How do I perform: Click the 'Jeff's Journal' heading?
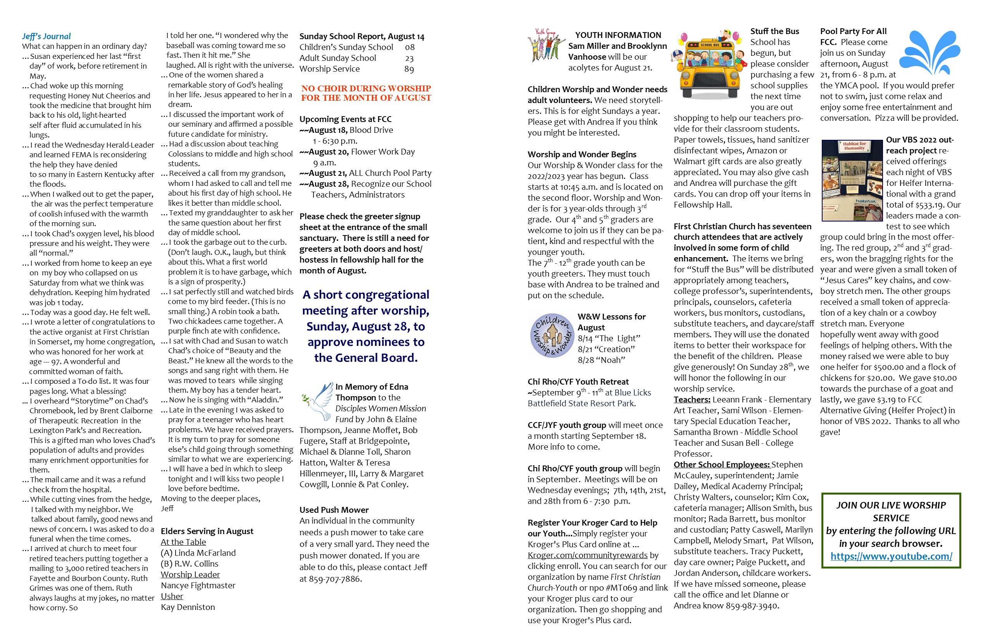pyautogui.click(x=46, y=36)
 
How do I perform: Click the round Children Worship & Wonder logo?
pyautogui.click(x=552, y=335)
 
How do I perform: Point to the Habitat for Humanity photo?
pyautogui.click(x=852, y=180)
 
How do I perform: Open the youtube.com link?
pyautogui.click(x=891, y=556)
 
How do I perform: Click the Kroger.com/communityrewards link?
pyautogui.click(x=587, y=555)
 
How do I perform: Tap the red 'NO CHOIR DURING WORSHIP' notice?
pyautogui.click(x=366, y=93)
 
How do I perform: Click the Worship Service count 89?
pyautogui.click(x=409, y=69)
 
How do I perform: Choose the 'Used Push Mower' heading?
pyautogui.click(x=334, y=510)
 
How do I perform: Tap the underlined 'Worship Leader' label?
pyautogui.click(x=190, y=574)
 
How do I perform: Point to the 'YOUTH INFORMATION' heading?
pyautogui.click(x=618, y=35)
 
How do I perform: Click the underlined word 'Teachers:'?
pyautogui.click(x=692, y=400)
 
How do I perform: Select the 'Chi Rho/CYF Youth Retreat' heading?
pyautogui.click(x=578, y=382)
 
